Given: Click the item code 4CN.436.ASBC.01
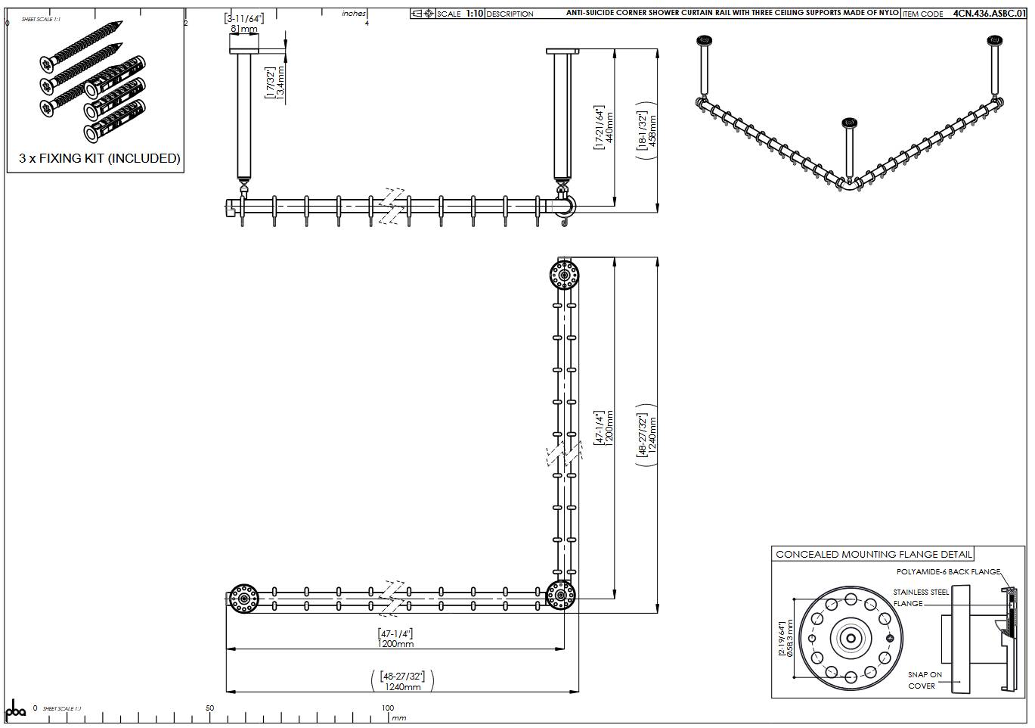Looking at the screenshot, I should coord(989,14).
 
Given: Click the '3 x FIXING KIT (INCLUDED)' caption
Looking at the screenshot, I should coord(100,158).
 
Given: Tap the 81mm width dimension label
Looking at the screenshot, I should coord(243,29).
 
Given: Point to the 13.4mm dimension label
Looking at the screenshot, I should coord(280,84).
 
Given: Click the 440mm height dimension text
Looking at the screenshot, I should coord(609,126).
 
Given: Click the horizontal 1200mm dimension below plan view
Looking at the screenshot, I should coord(395,643).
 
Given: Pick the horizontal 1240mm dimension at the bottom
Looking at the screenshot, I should coord(402,686).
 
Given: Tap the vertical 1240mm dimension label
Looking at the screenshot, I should coord(652,434).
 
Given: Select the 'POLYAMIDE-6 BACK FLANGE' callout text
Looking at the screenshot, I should coord(948,572).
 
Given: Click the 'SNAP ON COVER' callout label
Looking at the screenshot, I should coord(925,680).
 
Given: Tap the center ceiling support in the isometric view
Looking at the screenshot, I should coord(848,151).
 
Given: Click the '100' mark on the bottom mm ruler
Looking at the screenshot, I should coord(387,708).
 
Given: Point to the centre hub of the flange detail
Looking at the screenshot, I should coord(851,639).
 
